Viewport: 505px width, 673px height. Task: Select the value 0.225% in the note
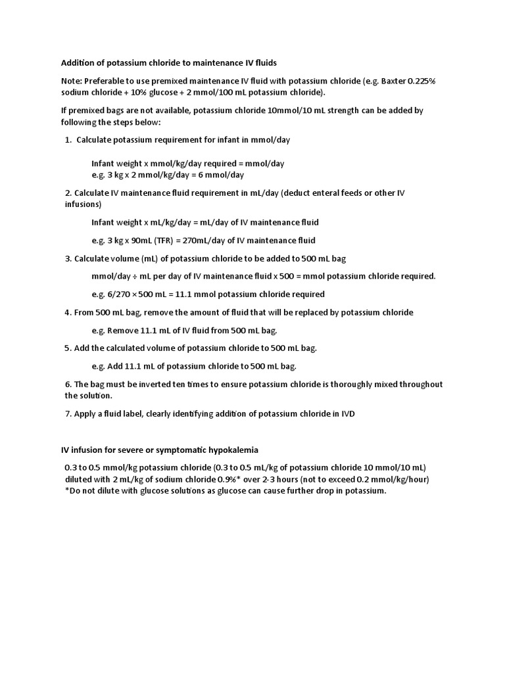[421, 81]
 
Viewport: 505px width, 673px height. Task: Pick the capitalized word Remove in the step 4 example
[121, 330]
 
